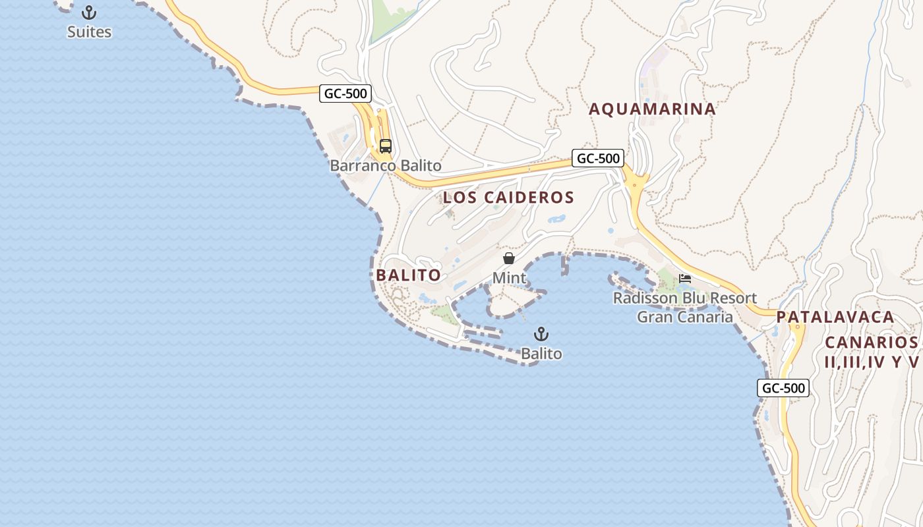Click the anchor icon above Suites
tap(89, 13)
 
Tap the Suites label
tap(89, 32)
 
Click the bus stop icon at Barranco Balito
tap(386, 146)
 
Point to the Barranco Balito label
tap(386, 165)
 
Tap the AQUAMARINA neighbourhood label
tap(652, 109)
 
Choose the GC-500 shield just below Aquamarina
tap(598, 158)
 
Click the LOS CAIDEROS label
tap(508, 197)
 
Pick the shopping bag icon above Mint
tap(509, 258)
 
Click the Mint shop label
tap(509, 278)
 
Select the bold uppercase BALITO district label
tap(408, 275)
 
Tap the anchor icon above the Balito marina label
tap(541, 334)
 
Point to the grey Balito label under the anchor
tap(541, 354)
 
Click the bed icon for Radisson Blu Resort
tap(685, 279)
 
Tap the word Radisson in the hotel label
tap(645, 298)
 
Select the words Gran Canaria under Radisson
tap(684, 317)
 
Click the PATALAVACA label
tap(835, 317)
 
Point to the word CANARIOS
tap(871, 343)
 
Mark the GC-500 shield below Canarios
tap(783, 388)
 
